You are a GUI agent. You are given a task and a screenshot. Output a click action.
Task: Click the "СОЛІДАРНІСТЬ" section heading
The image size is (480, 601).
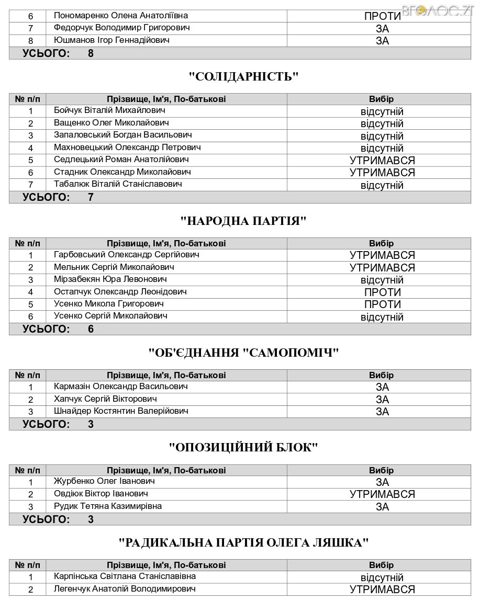pos(243,76)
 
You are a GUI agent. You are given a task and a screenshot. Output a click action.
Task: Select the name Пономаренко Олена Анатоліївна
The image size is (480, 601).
pos(121,16)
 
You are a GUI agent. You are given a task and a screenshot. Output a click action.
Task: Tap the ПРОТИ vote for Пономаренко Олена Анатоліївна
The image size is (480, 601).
pos(382,16)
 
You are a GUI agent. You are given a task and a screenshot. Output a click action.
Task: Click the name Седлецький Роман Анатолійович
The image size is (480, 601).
pos(121,160)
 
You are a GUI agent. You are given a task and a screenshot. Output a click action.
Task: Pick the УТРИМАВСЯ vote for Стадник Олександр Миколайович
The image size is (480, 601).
pos(382,173)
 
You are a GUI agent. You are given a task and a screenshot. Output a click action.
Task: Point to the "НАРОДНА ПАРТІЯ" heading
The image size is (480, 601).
pos(243,221)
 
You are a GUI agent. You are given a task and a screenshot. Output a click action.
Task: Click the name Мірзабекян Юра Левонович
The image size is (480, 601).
pos(110,279)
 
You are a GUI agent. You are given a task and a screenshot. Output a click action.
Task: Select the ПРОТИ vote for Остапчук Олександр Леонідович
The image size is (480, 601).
pos(382,292)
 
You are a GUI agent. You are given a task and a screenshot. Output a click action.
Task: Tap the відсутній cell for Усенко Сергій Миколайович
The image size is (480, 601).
pos(382,317)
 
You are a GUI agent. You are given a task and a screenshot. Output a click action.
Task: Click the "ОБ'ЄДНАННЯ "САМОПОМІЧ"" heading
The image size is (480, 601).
pos(244,353)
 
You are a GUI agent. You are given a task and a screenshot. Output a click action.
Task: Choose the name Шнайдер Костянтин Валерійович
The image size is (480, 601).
pos(121,411)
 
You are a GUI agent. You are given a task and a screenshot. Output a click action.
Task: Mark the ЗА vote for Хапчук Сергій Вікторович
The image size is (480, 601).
pos(382,400)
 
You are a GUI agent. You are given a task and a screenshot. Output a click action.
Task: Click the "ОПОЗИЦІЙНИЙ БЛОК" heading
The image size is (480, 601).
pos(243,447)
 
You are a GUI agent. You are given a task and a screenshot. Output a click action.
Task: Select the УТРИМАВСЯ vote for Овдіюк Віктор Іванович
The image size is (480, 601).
pos(382,494)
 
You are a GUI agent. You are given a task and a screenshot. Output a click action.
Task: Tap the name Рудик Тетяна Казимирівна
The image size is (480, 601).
pos(108,506)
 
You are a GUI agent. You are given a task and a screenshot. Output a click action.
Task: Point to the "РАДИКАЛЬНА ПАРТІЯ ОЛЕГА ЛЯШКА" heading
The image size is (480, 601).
pos(243,542)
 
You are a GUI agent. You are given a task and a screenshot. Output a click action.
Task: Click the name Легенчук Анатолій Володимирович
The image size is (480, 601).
pos(125,589)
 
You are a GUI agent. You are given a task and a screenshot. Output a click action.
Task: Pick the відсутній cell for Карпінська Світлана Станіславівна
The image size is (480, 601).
pos(382,577)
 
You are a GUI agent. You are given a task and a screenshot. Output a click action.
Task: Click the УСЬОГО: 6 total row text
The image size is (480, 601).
pos(58,329)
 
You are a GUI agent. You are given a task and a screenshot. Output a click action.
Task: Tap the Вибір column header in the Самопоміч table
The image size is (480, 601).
pos(381,375)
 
